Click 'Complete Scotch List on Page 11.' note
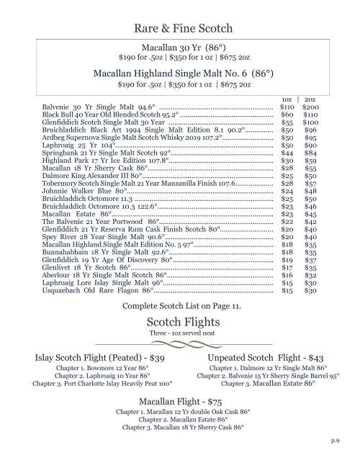tap(180, 306)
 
